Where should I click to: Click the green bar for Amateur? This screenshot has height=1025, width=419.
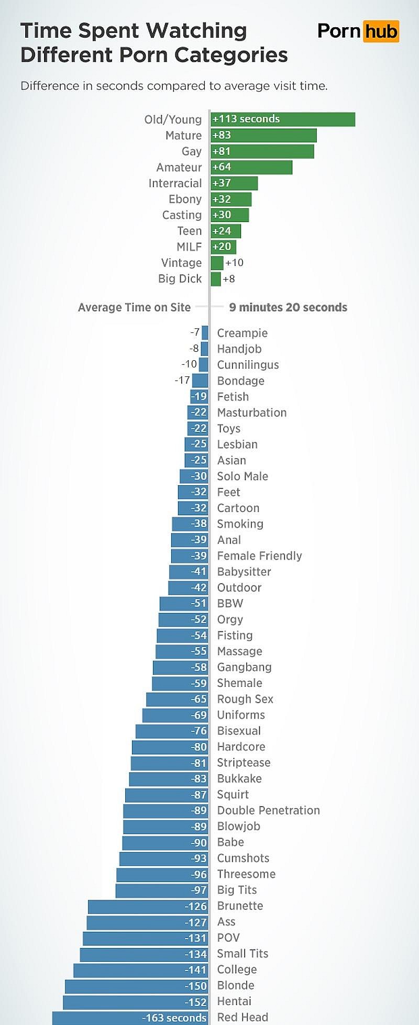[251, 167]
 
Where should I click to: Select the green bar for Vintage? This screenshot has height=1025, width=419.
[217, 263]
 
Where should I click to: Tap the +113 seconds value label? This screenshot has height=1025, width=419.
[246, 119]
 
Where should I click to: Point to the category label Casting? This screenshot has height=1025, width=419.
[182, 215]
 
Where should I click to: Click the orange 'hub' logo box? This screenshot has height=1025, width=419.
[381, 31]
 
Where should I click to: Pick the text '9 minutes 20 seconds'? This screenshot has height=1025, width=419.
[288, 307]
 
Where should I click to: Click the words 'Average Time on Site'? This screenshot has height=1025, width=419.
[134, 307]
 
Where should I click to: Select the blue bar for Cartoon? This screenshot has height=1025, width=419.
[193, 508]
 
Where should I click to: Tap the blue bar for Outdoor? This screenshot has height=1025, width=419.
[188, 587]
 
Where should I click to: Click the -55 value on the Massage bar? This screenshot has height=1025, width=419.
[199, 651]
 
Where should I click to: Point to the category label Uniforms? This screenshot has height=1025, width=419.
[241, 715]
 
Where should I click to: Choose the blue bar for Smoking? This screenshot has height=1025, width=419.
[190, 523]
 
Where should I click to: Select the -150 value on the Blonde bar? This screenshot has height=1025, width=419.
[196, 986]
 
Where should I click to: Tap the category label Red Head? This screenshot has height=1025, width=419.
[242, 1017]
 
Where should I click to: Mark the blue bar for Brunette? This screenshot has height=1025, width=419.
[148, 906]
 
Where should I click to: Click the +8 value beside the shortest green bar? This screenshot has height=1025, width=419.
[229, 279]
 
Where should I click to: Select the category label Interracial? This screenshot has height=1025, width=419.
[175, 183]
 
